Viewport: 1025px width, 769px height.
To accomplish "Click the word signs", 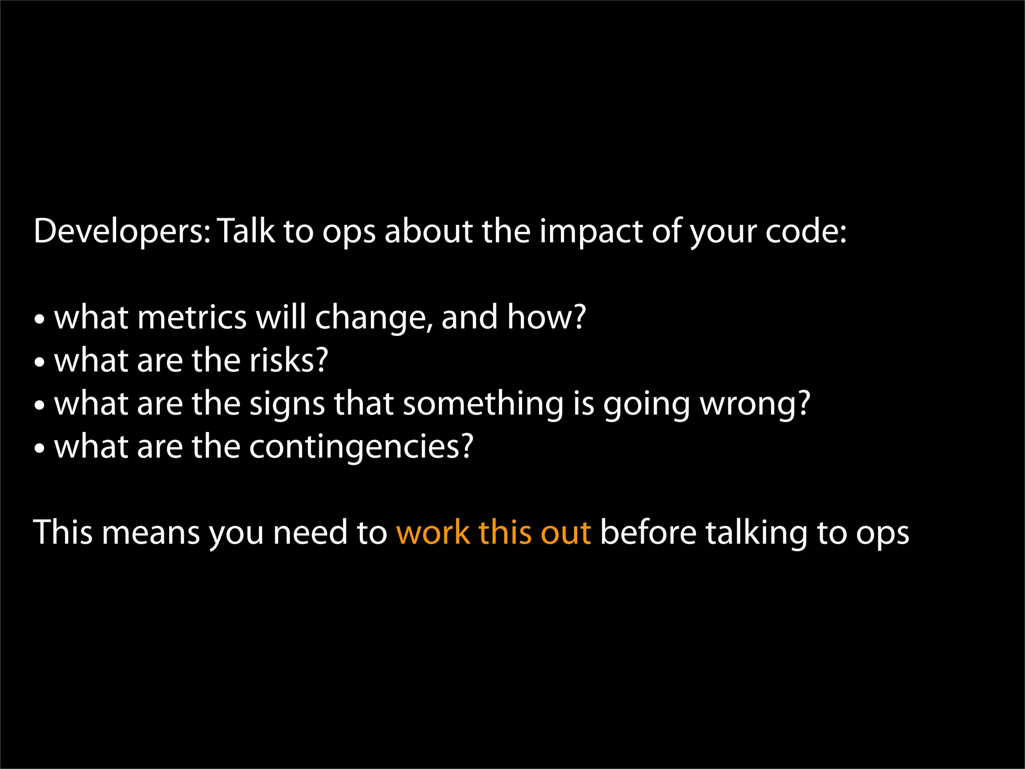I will pos(287,405).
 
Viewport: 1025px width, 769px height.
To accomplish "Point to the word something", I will pos(483,405).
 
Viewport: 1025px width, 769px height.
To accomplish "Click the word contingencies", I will pos(361,447).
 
